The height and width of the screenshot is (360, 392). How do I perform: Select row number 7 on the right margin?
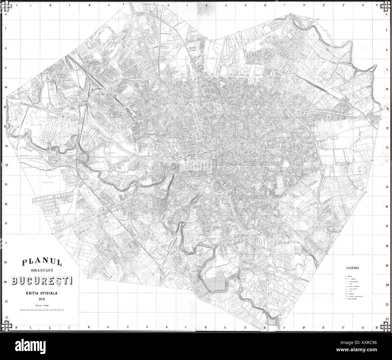click(x=387, y=30)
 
